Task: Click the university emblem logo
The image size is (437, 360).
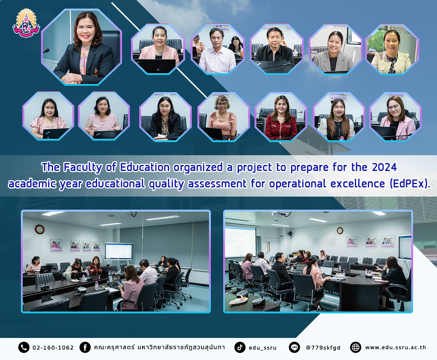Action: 26,23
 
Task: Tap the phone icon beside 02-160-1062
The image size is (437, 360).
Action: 24,347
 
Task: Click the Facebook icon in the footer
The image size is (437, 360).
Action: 85,347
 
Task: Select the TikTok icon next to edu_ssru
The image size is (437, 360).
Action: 240,347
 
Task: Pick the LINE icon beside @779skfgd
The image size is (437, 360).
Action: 294,347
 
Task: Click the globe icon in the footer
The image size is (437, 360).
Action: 356,347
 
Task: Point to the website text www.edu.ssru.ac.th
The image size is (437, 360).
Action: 396,347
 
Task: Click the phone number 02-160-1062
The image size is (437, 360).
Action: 53,348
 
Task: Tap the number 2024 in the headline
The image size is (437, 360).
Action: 384,167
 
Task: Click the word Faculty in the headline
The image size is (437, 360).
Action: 82,168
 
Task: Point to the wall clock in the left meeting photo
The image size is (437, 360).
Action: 40,229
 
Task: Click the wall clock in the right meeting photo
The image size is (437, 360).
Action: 340,231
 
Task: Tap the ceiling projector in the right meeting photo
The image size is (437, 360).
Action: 281,214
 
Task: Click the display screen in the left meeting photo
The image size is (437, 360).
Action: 119,251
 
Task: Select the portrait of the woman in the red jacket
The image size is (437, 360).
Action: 281,117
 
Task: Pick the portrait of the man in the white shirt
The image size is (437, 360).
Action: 218,49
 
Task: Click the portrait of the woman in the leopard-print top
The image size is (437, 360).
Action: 166,117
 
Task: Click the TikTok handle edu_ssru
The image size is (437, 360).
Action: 262,348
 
